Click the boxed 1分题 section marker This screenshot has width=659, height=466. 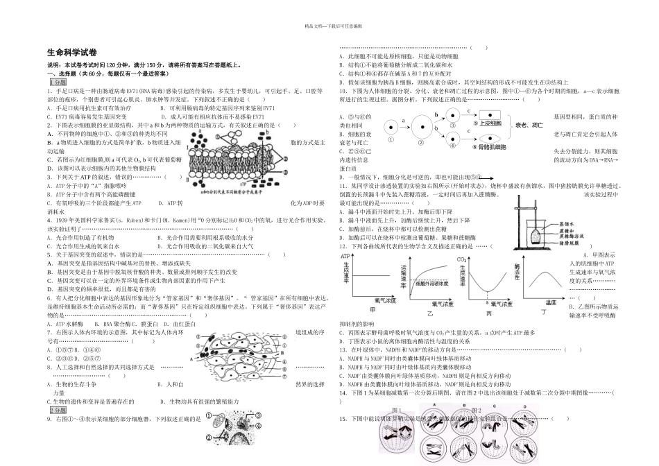(57, 82)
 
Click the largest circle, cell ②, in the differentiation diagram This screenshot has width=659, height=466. (421, 127)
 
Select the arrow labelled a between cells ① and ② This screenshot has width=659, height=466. (402, 121)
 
